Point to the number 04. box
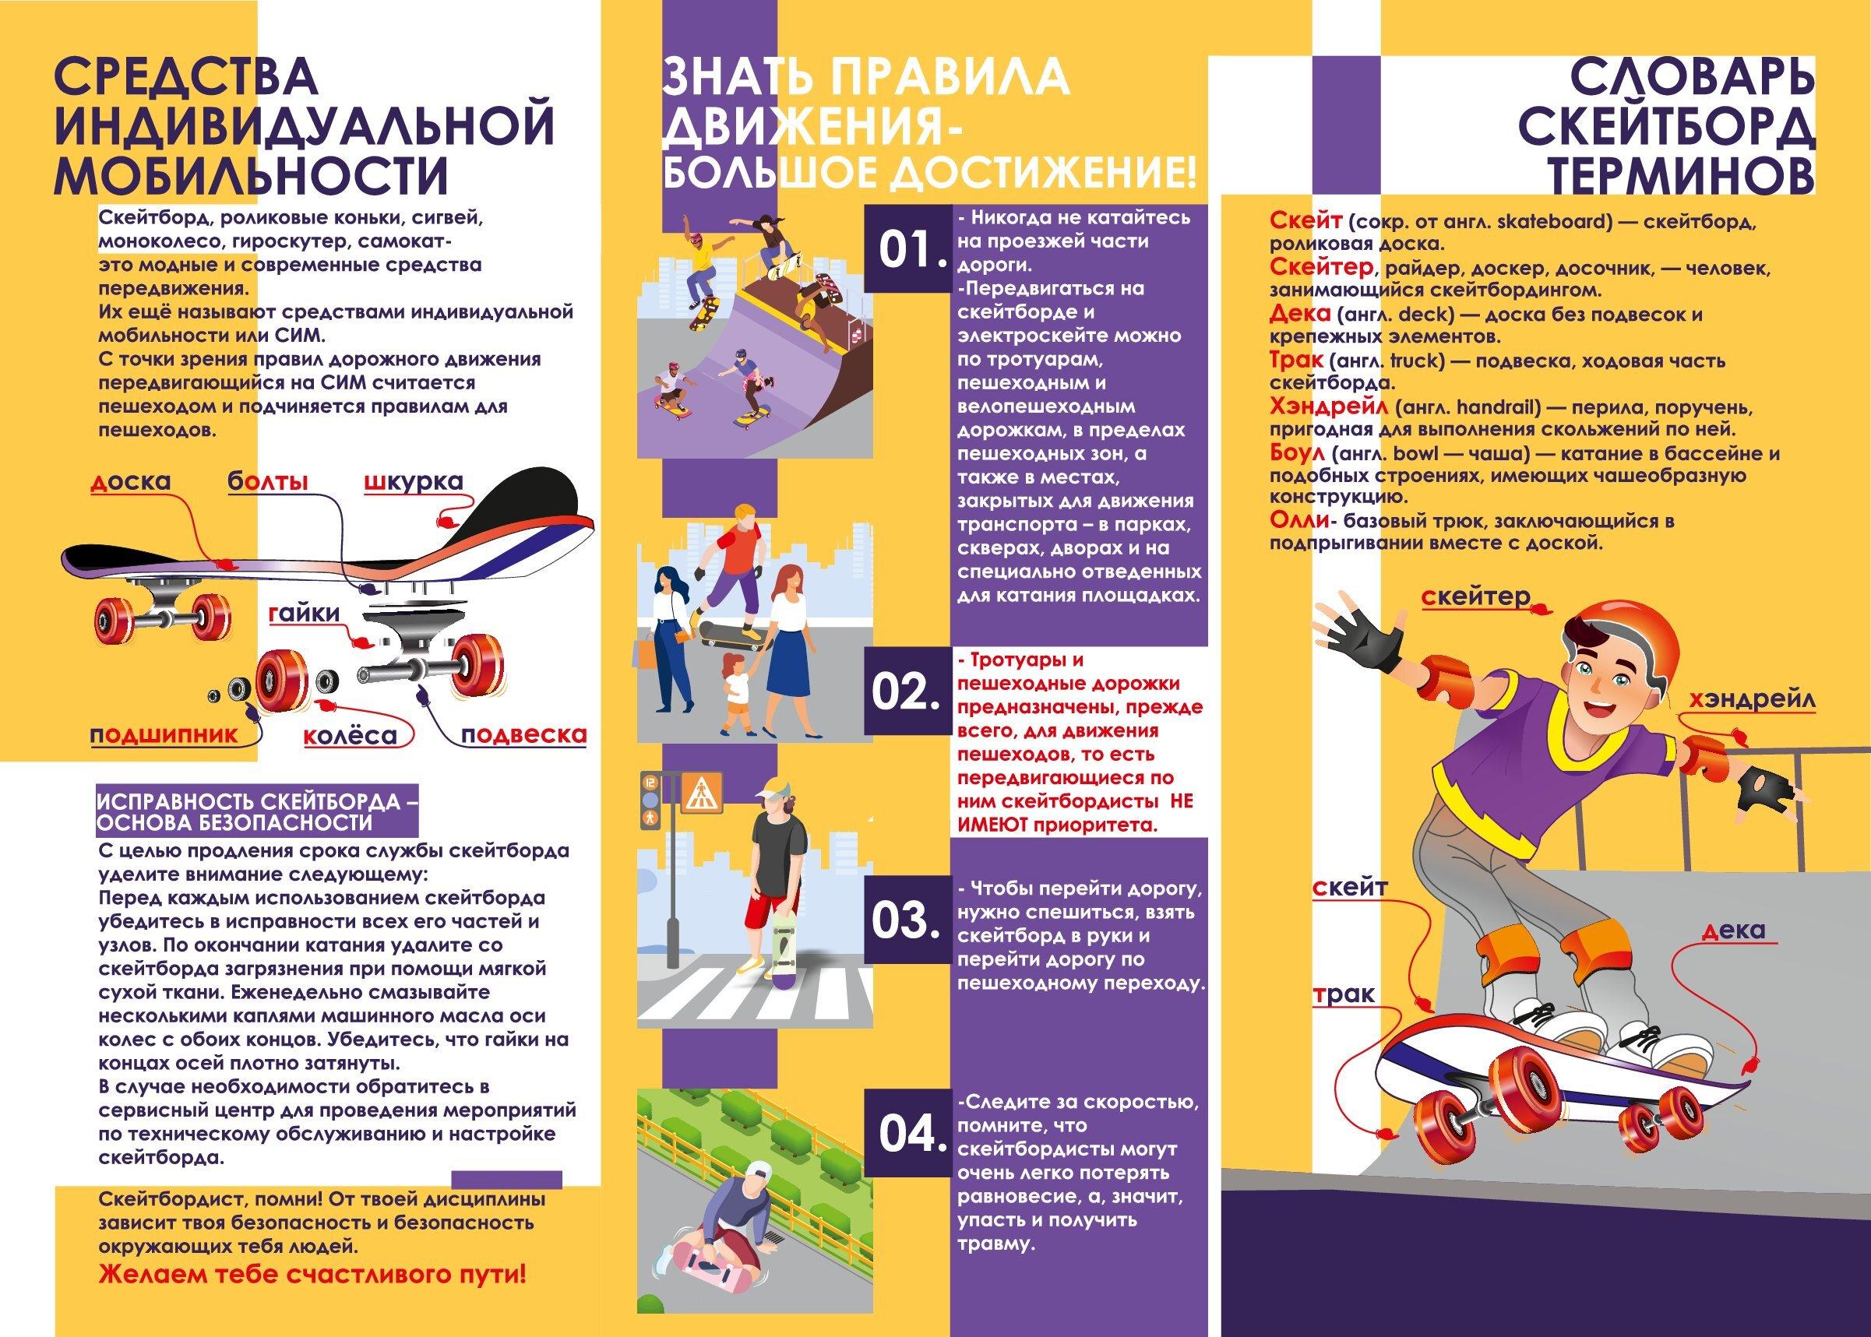pyautogui.click(x=908, y=1133)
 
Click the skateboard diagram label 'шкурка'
pyautogui.click(x=414, y=482)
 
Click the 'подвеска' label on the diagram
pyautogui.click(x=523, y=735)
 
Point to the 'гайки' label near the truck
pyautogui.click(x=303, y=614)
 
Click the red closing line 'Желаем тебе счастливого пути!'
pyautogui.click(x=312, y=1275)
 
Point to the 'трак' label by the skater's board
pyautogui.click(x=1343, y=994)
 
